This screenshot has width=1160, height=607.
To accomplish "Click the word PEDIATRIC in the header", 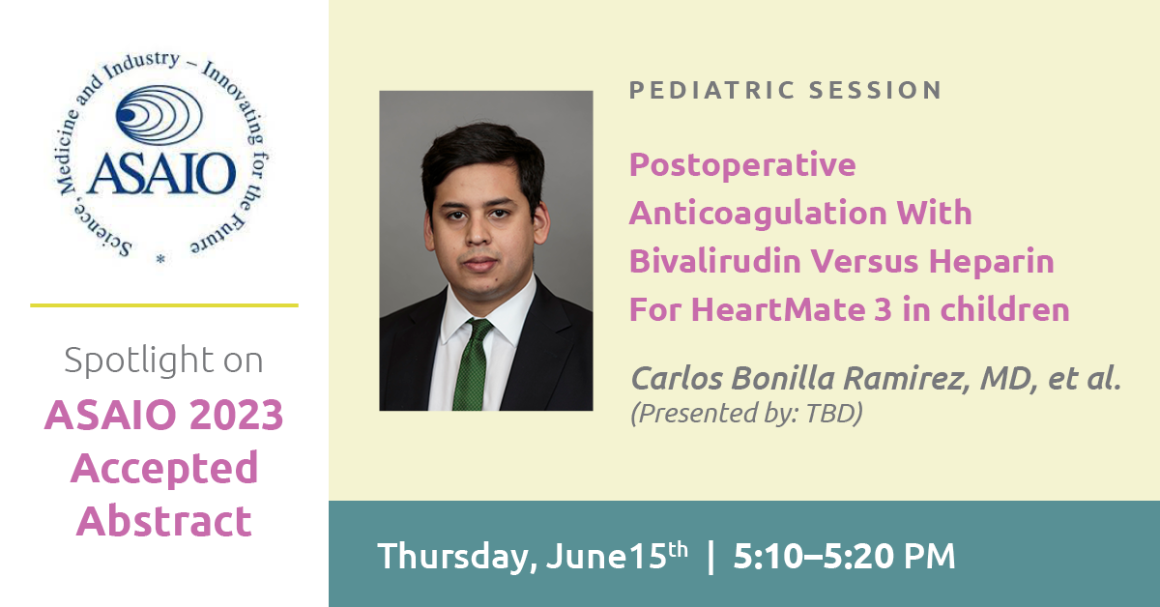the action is tap(711, 90).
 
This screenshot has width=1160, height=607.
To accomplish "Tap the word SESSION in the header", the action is tap(875, 90).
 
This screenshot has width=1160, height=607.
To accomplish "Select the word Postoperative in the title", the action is tap(742, 165).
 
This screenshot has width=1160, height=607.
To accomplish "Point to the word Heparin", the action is tap(991, 262).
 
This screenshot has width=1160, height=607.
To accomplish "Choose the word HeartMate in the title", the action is tap(778, 309).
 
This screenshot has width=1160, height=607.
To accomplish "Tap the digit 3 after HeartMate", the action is tap(884, 309).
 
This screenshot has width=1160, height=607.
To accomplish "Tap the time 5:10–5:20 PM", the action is tap(844, 556).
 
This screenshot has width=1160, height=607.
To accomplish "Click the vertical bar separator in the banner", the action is tap(710, 557).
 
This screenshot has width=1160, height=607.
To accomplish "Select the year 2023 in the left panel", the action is tap(236, 416).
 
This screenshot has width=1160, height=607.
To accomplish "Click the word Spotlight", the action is tap(139, 360).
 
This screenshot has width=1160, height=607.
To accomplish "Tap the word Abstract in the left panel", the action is tap(164, 521).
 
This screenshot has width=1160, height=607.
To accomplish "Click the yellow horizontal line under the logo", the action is tap(164, 305).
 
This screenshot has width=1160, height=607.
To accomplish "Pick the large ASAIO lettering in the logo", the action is tap(161, 173).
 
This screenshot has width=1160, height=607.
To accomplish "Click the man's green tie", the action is tap(473, 364).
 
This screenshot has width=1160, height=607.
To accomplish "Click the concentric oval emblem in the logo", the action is tap(159, 115).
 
